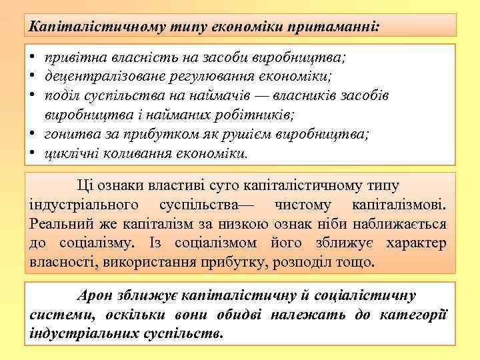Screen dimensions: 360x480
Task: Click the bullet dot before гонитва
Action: tap(32, 133)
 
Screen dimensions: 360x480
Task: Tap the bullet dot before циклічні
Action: tap(32, 153)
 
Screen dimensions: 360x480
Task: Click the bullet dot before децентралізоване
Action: tap(32, 76)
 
